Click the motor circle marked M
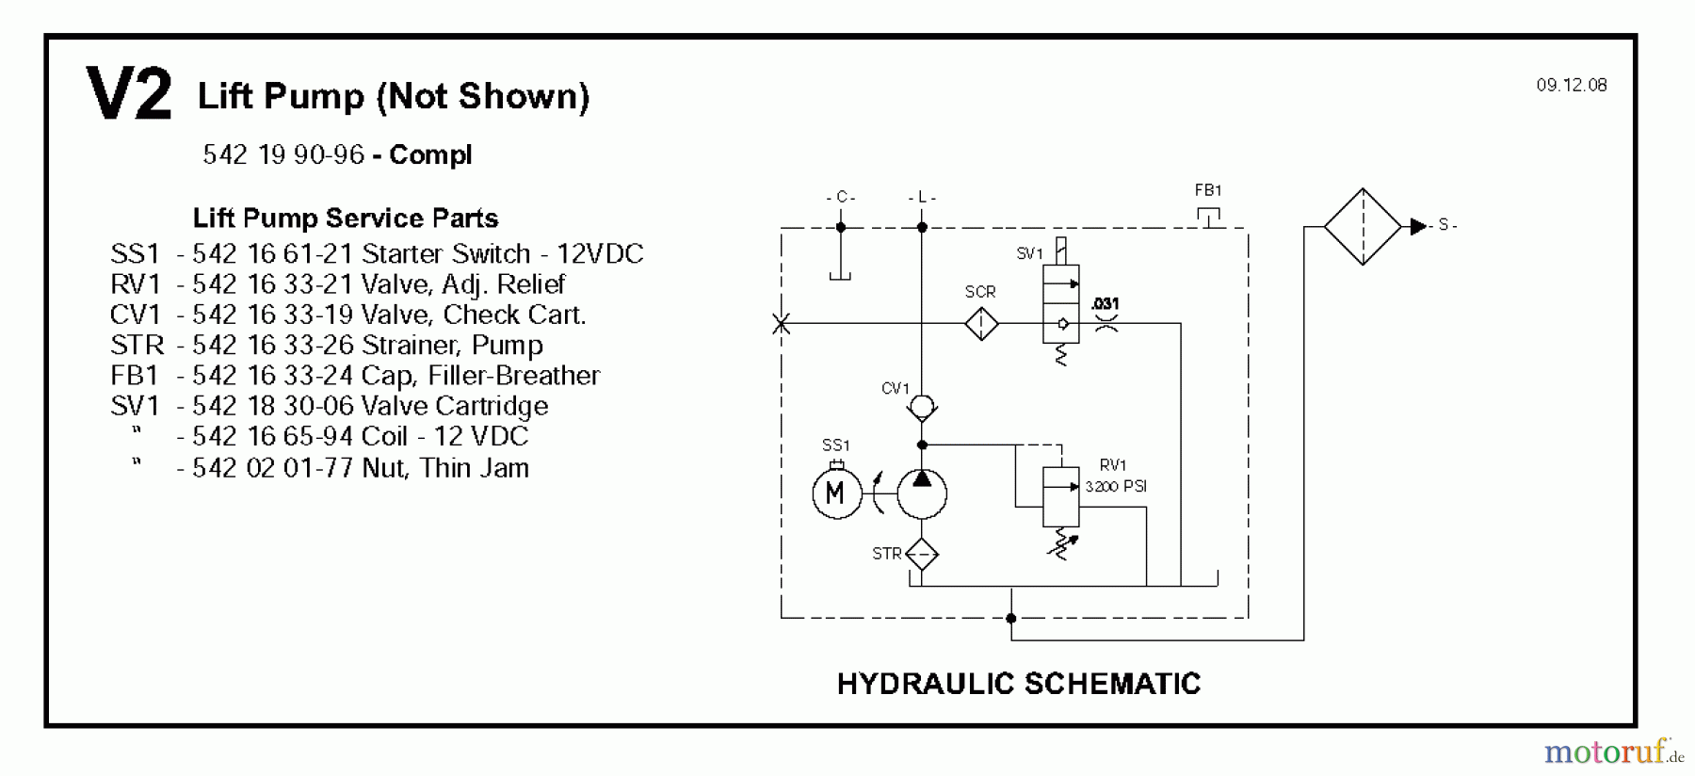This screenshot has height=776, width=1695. [836, 493]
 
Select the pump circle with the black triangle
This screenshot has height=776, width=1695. [922, 493]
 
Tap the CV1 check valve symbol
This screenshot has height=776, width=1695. [922, 407]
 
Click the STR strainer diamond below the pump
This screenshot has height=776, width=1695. [922, 554]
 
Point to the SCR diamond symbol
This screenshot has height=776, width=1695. [981, 324]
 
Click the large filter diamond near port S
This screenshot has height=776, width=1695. [1362, 226]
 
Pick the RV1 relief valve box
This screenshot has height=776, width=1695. [1061, 497]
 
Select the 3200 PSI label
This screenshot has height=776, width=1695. [1116, 487]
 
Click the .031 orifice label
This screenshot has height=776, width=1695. [1105, 303]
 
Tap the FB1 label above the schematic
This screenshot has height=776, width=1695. [1208, 190]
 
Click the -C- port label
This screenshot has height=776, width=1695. [840, 197]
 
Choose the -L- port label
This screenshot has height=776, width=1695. [922, 197]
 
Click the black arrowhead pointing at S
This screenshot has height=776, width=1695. [1418, 226]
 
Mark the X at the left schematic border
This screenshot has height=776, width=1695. [781, 324]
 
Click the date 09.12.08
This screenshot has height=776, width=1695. [1572, 85]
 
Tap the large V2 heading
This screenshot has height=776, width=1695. [129, 94]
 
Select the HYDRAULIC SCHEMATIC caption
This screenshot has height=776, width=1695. [1019, 684]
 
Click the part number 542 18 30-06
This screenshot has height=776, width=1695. [272, 406]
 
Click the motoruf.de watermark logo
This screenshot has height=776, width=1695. [1613, 752]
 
